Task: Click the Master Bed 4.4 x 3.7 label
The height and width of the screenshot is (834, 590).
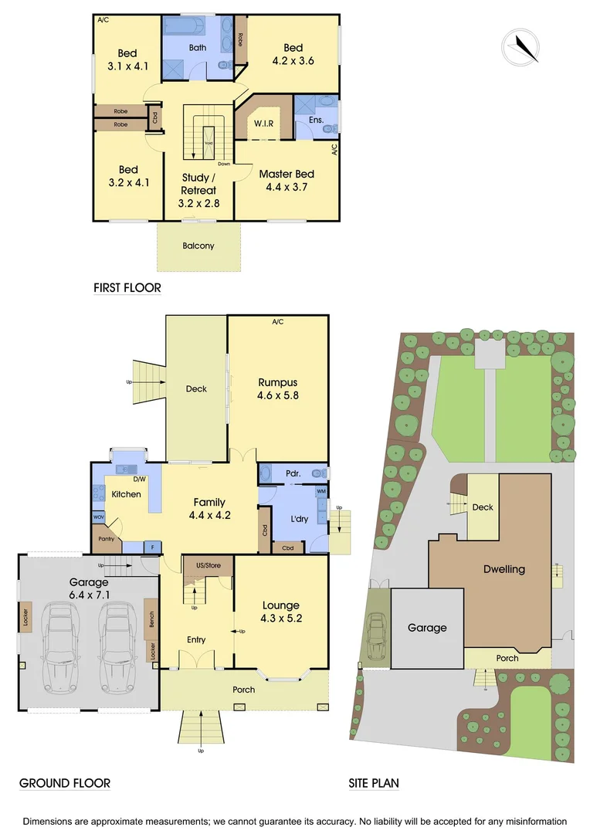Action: point(287,180)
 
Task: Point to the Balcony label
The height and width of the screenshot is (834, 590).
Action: point(198,246)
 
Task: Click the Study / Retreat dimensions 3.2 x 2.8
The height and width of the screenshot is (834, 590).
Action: point(200,204)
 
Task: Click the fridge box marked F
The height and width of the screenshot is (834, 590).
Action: point(152,548)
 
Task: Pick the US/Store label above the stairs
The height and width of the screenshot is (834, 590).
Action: point(208,566)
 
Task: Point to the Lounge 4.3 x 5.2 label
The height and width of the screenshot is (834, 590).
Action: point(280,612)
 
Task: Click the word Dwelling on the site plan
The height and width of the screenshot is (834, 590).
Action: point(504,569)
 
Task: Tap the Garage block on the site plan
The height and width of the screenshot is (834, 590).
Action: point(427,628)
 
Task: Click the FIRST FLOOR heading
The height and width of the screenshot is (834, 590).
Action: point(127,288)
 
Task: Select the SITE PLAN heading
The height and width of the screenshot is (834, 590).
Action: point(374,783)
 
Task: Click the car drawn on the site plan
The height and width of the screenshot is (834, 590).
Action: point(376,631)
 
